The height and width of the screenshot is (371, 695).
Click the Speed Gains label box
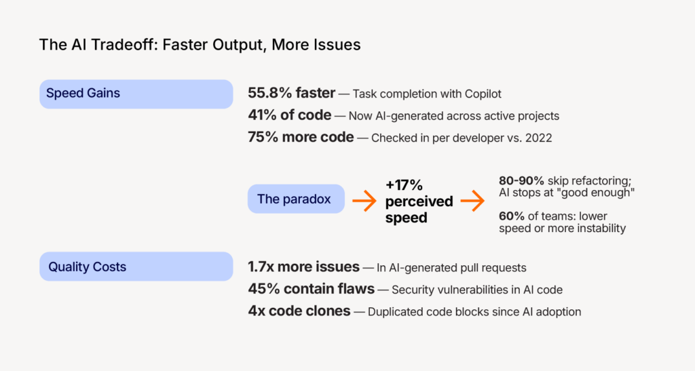(x=136, y=94)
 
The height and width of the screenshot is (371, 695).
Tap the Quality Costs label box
(x=136, y=267)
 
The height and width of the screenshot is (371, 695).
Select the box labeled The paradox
(x=296, y=199)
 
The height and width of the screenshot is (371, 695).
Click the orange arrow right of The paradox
(x=364, y=200)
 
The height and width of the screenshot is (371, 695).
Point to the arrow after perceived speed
(x=472, y=200)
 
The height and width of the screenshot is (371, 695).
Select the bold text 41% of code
(x=290, y=115)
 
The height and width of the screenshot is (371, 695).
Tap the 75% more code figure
(x=301, y=137)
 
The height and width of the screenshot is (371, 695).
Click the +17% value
(x=405, y=185)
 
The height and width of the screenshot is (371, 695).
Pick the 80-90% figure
(x=521, y=182)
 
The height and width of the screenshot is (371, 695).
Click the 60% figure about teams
(x=510, y=216)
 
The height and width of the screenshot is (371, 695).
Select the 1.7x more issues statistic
(x=303, y=267)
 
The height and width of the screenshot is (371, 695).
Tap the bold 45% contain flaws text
(x=311, y=289)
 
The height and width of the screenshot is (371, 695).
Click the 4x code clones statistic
(x=299, y=311)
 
